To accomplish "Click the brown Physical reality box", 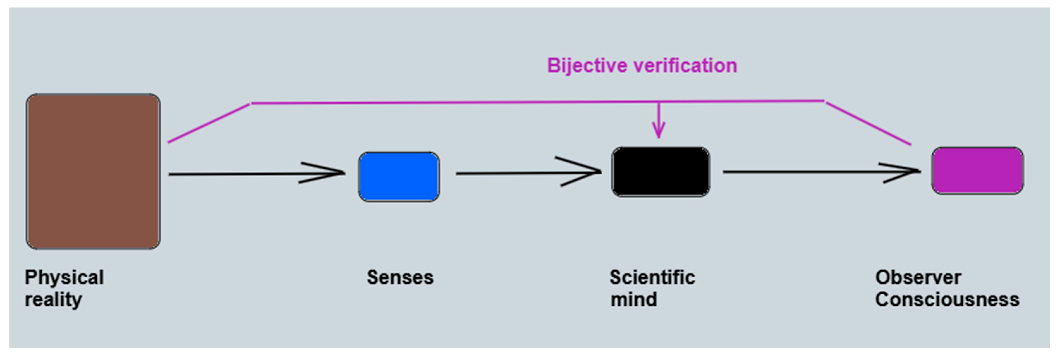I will [x=93, y=171].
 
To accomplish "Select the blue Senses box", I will [x=399, y=177].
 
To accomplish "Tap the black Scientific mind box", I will [x=660, y=171].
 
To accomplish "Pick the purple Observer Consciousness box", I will [x=977, y=170].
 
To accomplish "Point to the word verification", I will [x=685, y=66].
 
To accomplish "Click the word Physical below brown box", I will [x=64, y=278].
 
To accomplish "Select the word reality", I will [x=53, y=299].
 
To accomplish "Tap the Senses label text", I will [x=400, y=278].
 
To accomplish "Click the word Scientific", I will [x=652, y=278].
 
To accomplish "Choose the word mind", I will [x=634, y=299].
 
